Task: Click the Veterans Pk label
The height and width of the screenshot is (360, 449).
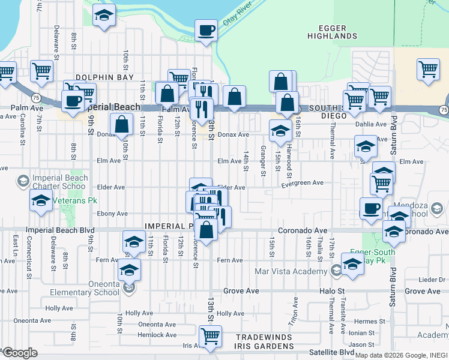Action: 74,200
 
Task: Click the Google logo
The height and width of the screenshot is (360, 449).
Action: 19,352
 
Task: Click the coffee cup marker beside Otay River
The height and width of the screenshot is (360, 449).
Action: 206,31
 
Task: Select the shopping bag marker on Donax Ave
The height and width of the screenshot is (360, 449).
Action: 121,125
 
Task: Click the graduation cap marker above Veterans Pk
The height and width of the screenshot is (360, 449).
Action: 40,202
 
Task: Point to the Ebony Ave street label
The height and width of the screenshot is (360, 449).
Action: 113,214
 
